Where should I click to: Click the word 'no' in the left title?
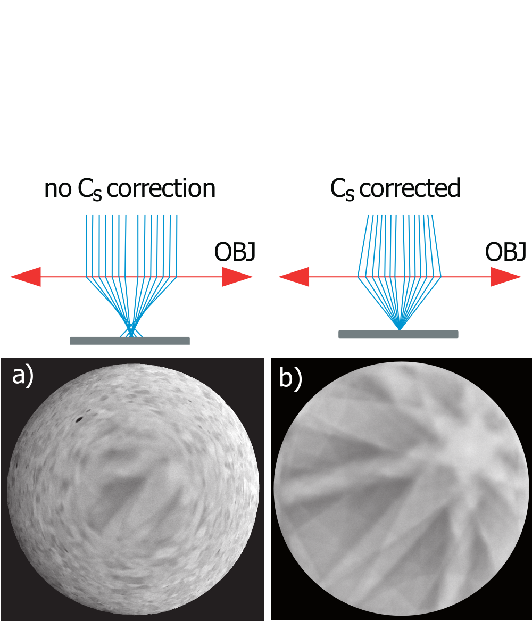pyautogui.click(x=57, y=189)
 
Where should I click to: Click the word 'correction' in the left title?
pyautogui.click(x=161, y=188)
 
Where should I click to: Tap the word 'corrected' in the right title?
pyautogui.click(x=410, y=188)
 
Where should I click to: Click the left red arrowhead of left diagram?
pyautogui.click(x=26, y=276)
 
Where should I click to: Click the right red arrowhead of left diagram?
pyautogui.click(x=237, y=276)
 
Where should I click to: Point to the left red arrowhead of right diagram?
pyautogui.click(x=294, y=276)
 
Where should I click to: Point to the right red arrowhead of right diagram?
pyautogui.click(x=505, y=276)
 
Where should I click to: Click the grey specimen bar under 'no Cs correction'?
pyautogui.click(x=130, y=341)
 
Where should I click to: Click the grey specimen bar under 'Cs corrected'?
pyautogui.click(x=398, y=334)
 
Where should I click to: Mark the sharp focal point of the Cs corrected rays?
pyautogui.click(x=400, y=329)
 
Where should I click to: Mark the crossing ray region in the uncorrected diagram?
pyautogui.click(x=131, y=329)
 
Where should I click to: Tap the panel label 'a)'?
pyautogui.click(x=22, y=376)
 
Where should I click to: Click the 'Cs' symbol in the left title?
pyautogui.click(x=90, y=190)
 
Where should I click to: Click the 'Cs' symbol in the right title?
pyautogui.click(x=343, y=190)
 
